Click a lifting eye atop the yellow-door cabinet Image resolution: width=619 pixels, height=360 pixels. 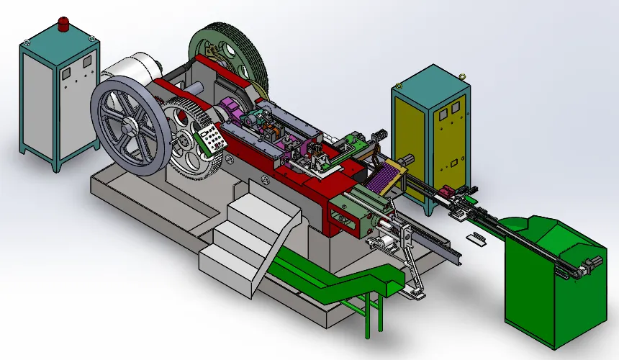[462, 73]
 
